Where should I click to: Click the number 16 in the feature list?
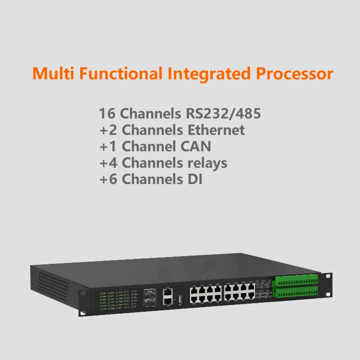click(x=107, y=113)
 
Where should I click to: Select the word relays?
click(x=205, y=162)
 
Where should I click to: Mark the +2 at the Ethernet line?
click(x=108, y=130)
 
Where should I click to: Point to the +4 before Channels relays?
click(x=108, y=162)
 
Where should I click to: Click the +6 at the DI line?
click(x=108, y=179)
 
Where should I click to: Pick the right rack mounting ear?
click(x=328, y=283)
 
